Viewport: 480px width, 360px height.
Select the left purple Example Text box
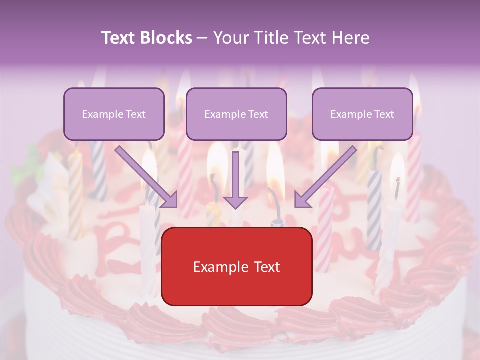(x=114, y=114)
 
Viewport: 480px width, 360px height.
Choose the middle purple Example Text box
(x=236, y=114)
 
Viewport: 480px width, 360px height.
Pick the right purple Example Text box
(x=362, y=114)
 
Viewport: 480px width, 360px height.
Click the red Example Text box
(x=237, y=266)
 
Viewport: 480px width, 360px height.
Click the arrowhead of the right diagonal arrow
(x=302, y=200)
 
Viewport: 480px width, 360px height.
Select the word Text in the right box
(x=384, y=114)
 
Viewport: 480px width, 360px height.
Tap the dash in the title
(x=202, y=38)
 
